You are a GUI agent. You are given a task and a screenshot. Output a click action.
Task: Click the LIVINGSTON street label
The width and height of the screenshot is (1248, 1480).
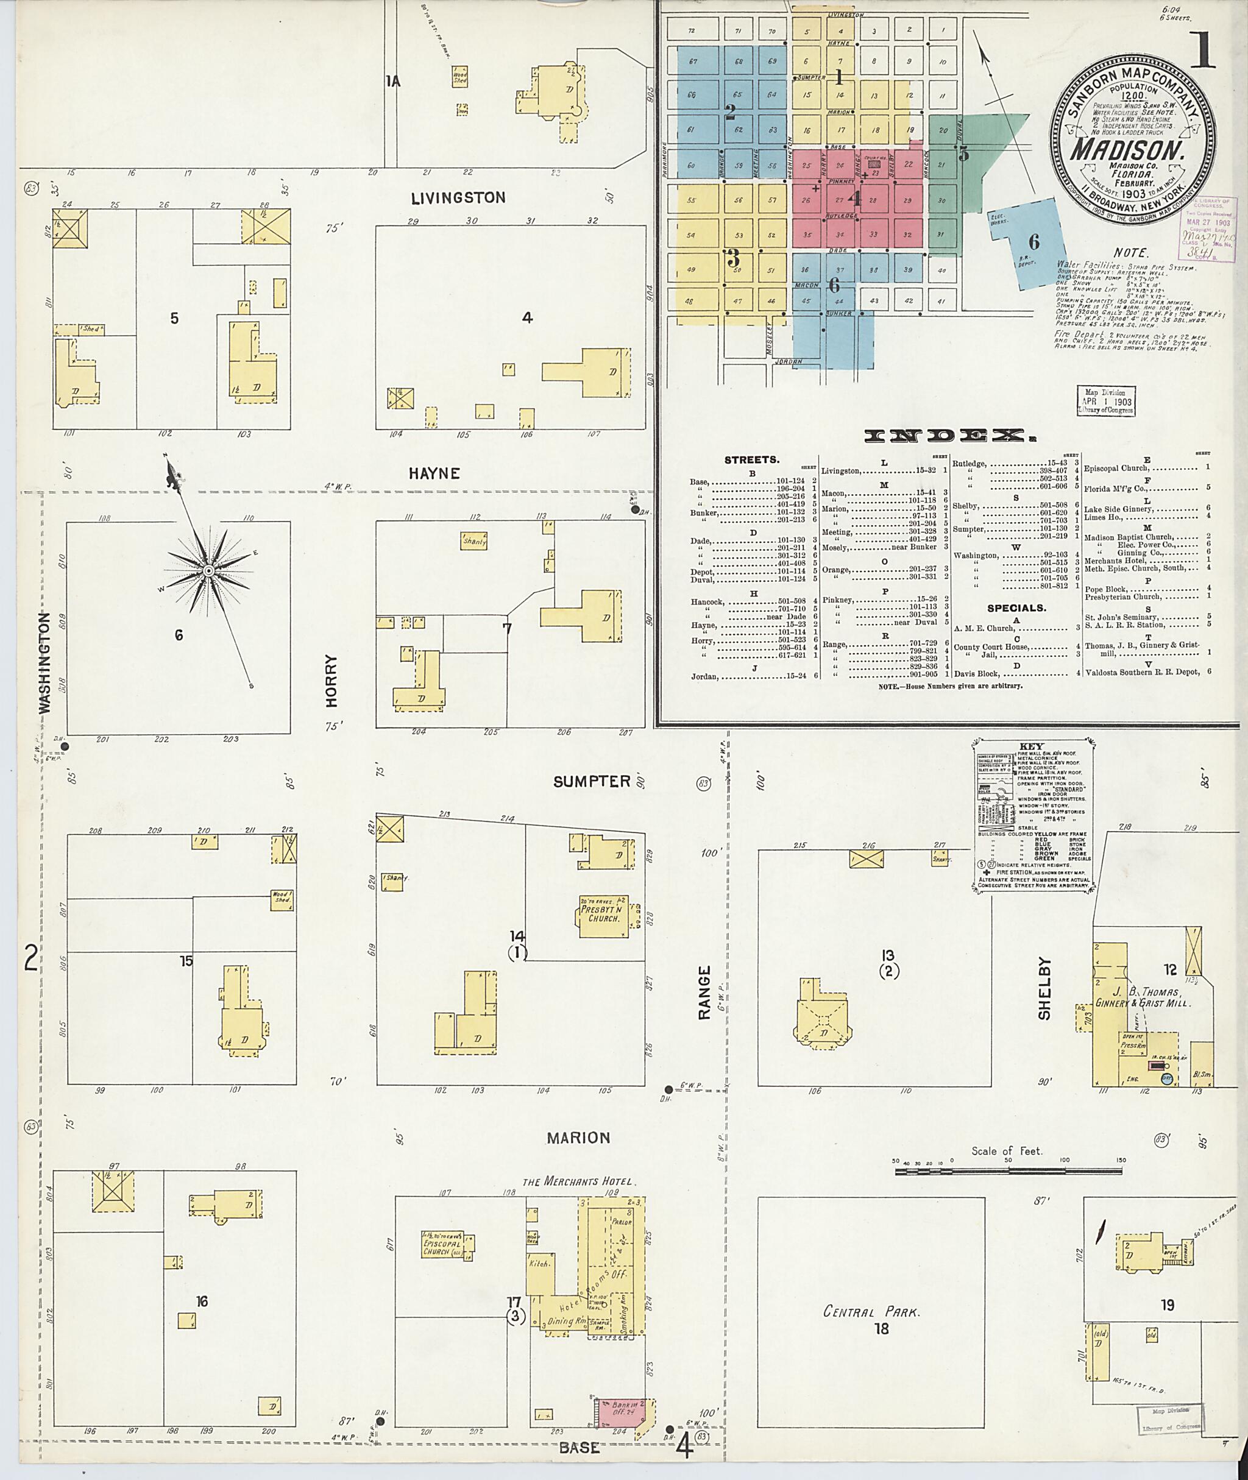coord(458,198)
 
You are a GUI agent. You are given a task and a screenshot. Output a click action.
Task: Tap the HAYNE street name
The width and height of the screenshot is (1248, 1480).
coord(434,473)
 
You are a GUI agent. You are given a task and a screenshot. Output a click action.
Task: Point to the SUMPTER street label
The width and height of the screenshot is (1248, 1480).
coord(592,781)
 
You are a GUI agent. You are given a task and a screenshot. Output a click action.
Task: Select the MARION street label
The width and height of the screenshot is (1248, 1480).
coord(578,1138)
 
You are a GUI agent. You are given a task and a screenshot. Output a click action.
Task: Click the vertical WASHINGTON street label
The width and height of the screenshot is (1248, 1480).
coord(45,662)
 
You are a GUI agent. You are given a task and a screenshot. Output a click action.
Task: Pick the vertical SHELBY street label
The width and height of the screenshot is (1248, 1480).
coord(1045,988)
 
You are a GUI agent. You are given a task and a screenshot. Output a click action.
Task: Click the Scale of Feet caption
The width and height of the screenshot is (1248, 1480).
coord(1006,1151)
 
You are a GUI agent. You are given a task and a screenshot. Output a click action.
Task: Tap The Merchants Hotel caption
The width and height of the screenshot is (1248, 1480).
coord(580,1181)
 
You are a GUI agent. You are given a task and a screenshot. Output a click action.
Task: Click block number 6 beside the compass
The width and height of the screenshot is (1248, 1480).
coord(179,636)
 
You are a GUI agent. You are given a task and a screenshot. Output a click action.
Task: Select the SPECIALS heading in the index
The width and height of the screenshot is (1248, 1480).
coord(1016,607)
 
